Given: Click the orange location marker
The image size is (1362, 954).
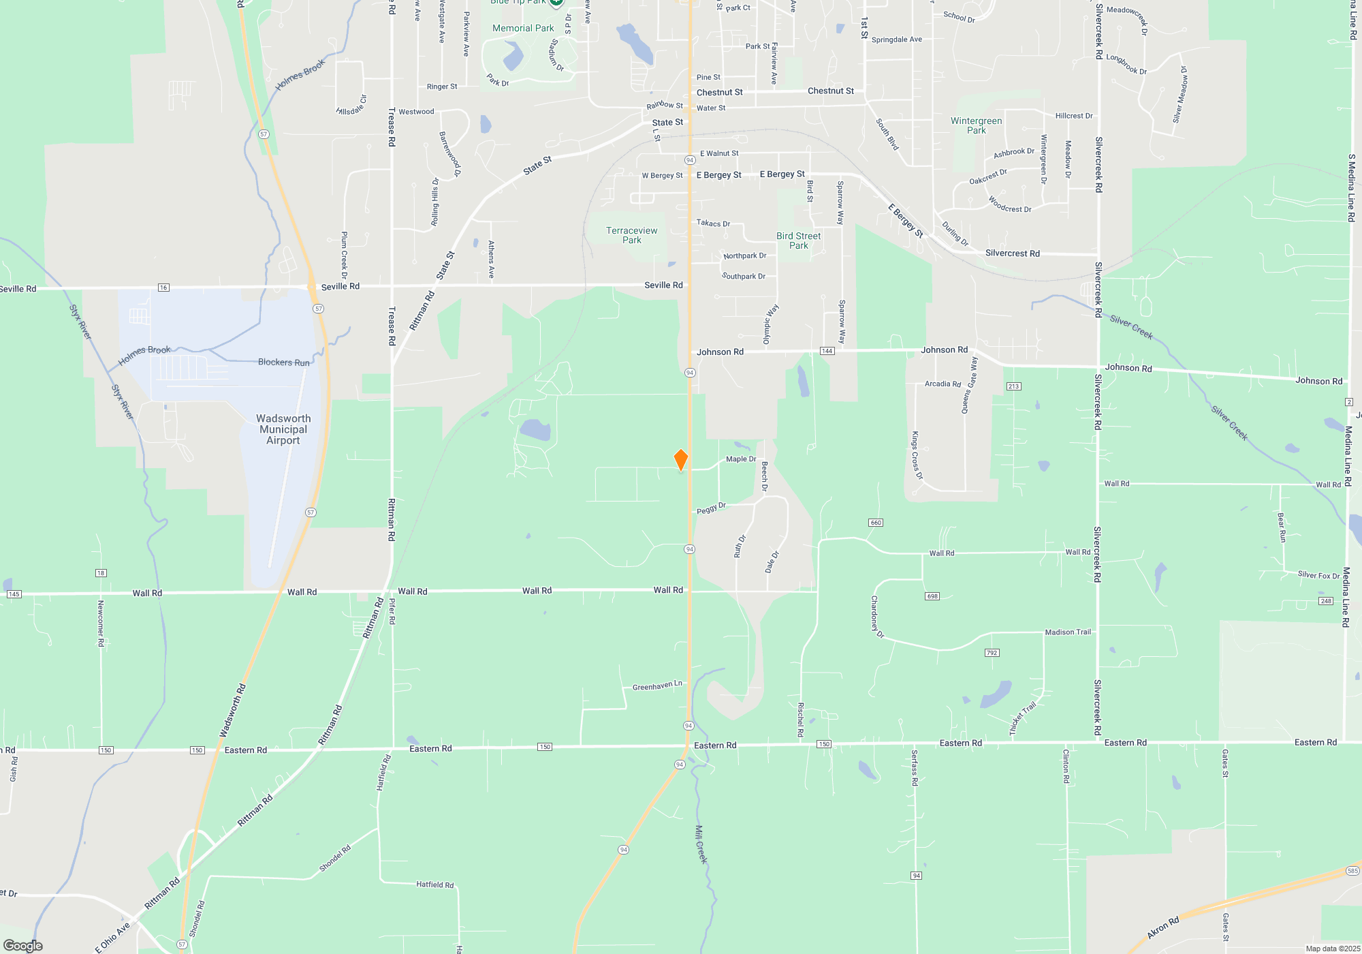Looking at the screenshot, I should click(x=680, y=460).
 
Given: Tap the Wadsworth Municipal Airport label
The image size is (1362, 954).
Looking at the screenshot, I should click(x=283, y=429).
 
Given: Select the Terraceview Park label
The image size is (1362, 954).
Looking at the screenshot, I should click(x=632, y=235).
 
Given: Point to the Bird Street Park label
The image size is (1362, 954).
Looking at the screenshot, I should click(x=799, y=241).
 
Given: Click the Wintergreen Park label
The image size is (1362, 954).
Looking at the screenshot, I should click(x=976, y=125).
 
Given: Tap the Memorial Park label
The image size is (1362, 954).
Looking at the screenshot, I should click(x=523, y=28).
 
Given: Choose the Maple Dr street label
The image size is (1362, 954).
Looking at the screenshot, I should click(x=741, y=459).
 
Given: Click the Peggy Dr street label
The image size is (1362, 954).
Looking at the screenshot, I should click(x=712, y=508).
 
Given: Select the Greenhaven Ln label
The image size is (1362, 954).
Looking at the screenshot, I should click(x=657, y=686).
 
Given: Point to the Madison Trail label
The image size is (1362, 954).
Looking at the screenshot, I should click(x=1068, y=632).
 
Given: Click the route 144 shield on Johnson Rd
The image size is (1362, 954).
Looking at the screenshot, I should click(x=827, y=351).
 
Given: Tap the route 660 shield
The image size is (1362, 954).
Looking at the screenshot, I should click(x=876, y=523).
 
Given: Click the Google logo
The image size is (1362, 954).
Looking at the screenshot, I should click(x=23, y=946).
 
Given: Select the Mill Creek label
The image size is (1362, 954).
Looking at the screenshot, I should click(x=701, y=845).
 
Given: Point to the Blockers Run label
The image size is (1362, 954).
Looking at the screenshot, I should click(x=283, y=363).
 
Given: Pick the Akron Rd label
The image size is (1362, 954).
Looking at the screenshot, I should click(x=1163, y=928).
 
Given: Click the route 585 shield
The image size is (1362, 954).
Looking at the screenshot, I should click(x=1352, y=871).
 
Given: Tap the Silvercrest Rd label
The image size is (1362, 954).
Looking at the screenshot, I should click(x=1012, y=253).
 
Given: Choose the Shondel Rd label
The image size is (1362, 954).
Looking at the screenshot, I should click(x=334, y=859).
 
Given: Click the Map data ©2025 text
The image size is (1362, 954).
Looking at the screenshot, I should click(x=1333, y=949).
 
